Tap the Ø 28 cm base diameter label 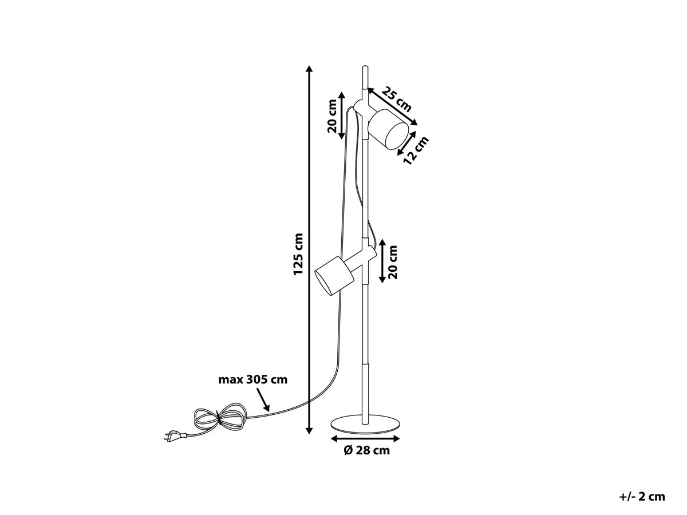[366, 450]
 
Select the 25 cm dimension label [397, 99]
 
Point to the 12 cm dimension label [416, 150]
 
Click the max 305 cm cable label [253, 380]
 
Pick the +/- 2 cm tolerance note [642, 497]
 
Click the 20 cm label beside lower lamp [392, 262]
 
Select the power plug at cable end [175, 435]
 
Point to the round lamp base [365, 424]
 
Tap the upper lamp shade [388, 129]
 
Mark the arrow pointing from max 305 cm [263, 399]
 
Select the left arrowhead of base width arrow [334, 439]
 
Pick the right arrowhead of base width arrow [396, 439]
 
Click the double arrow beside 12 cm [406, 143]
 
